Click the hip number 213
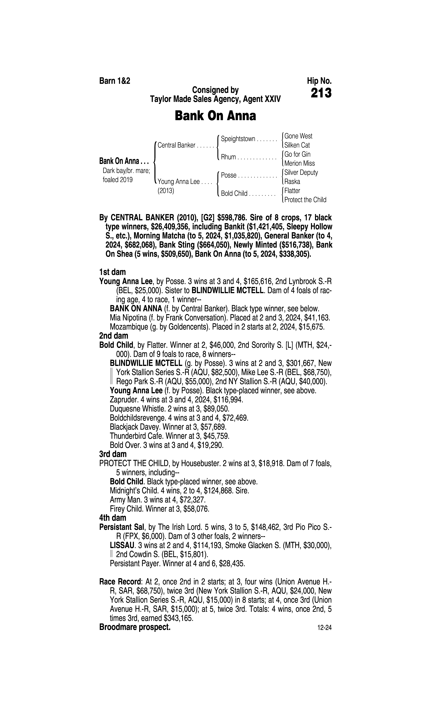point(321,93)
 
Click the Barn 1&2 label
point(115,81)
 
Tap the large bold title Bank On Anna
point(215,116)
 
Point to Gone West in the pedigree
point(298,136)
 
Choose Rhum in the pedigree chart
point(228,157)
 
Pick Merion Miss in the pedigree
point(299,163)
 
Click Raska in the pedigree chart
point(292,182)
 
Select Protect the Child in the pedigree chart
point(305,200)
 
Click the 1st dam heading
point(112,272)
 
